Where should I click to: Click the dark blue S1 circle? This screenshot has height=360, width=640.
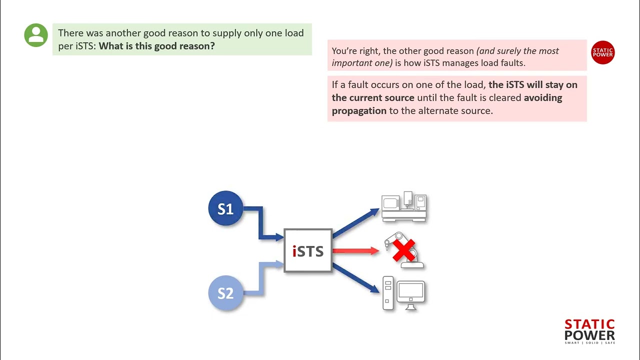tap(225, 208)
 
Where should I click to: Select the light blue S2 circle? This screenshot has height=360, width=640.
tap(225, 293)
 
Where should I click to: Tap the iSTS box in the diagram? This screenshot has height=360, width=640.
tap(308, 250)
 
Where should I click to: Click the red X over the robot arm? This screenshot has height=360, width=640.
tap(404, 250)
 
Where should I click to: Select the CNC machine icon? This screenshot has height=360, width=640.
tap(404, 207)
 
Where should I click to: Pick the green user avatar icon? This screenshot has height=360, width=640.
tap(36, 35)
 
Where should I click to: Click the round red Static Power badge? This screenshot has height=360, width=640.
tap(602, 52)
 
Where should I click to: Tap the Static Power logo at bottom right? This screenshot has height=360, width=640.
tap(589, 331)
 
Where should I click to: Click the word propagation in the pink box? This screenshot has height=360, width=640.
tap(359, 110)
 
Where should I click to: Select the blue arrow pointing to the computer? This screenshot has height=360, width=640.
tap(356, 278)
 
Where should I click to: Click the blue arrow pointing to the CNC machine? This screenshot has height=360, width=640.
tap(356, 222)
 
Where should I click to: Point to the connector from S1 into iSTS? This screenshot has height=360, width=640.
tap(260, 223)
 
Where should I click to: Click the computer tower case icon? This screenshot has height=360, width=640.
tap(388, 293)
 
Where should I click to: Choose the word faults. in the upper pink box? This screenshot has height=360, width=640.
tap(511, 63)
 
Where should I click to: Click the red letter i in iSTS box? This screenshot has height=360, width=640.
tap(294, 251)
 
